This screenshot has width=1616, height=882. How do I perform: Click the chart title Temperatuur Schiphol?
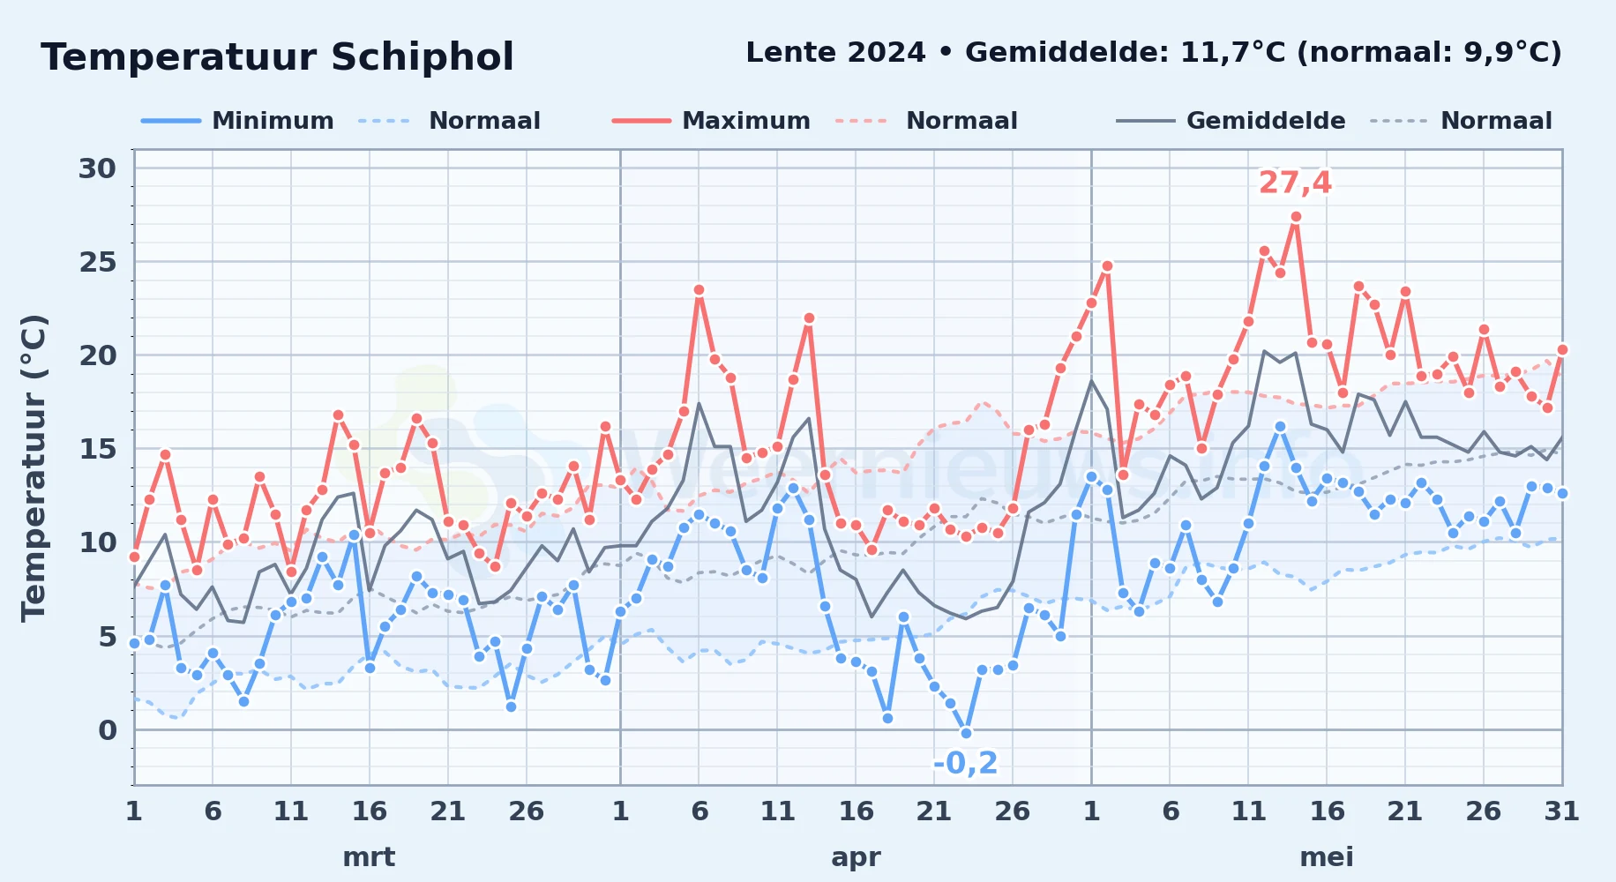click(277, 57)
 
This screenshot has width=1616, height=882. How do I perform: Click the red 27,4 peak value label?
click(1295, 183)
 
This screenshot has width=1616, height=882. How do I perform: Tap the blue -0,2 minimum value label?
click(966, 763)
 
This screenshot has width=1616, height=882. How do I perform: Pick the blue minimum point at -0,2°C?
click(966, 733)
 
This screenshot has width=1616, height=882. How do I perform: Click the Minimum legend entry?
click(237, 121)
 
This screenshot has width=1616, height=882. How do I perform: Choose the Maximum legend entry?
click(711, 121)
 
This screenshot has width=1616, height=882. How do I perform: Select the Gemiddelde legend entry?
click(1231, 121)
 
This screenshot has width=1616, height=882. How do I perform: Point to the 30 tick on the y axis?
click(97, 168)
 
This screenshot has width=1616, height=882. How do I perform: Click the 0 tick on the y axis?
click(108, 730)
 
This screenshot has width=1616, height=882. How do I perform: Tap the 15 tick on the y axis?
click(97, 449)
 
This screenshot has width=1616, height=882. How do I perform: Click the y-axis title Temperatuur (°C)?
click(34, 467)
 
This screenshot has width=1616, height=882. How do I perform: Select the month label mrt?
click(369, 856)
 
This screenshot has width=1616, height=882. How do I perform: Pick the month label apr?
click(856, 857)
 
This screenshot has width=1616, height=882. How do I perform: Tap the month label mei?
click(1327, 856)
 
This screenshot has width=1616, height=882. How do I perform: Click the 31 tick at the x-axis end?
click(1561, 811)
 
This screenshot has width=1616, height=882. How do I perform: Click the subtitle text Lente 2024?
click(835, 52)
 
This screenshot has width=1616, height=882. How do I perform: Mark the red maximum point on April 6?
click(699, 289)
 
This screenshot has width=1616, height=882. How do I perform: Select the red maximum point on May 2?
click(1107, 265)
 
